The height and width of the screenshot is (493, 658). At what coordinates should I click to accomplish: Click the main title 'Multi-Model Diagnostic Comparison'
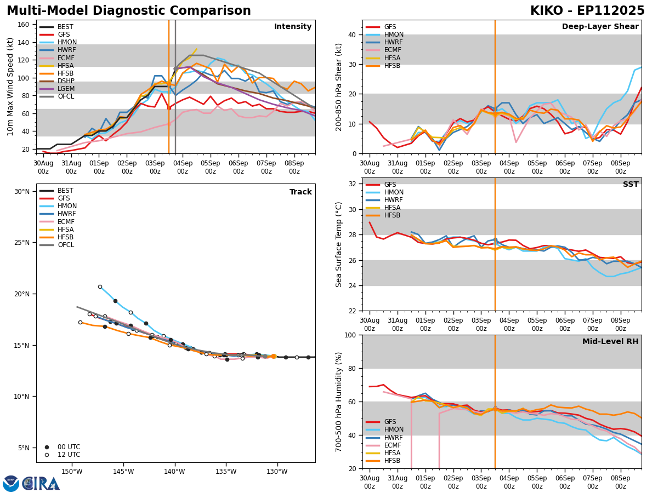pos(129,11)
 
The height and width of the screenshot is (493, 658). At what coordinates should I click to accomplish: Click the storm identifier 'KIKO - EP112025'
pos(587,11)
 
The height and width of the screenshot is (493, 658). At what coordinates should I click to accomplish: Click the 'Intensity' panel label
pos(293,27)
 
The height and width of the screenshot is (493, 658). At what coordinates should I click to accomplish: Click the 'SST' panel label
pos(630,185)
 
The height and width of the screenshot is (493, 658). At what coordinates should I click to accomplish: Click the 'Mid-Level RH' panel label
pos(610,342)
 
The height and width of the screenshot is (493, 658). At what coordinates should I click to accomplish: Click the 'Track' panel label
pos(300,192)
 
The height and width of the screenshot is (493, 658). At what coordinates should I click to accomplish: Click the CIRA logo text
pos(41,483)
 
